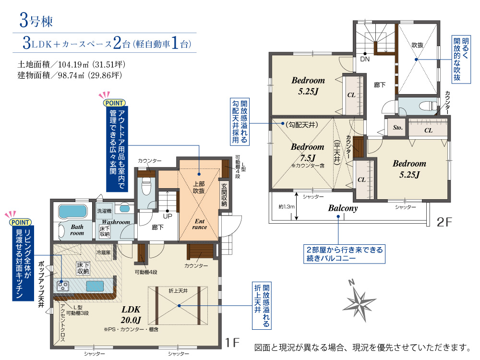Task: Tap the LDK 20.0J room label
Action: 131,315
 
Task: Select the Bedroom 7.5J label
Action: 307,153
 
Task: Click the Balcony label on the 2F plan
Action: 343,208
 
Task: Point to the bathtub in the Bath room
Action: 73,211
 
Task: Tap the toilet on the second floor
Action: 428,106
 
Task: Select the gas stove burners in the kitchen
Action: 63,286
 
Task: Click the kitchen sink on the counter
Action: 95,286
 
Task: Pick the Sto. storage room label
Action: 397,128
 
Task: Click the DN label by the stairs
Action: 365,59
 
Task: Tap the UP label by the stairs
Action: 168,216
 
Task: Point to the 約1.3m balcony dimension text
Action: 287,206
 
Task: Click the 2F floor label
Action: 444,222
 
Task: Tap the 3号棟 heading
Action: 36,21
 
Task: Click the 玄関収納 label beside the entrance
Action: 224,195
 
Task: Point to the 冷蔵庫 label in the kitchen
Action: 104,252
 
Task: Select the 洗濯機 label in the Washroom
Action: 104,211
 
